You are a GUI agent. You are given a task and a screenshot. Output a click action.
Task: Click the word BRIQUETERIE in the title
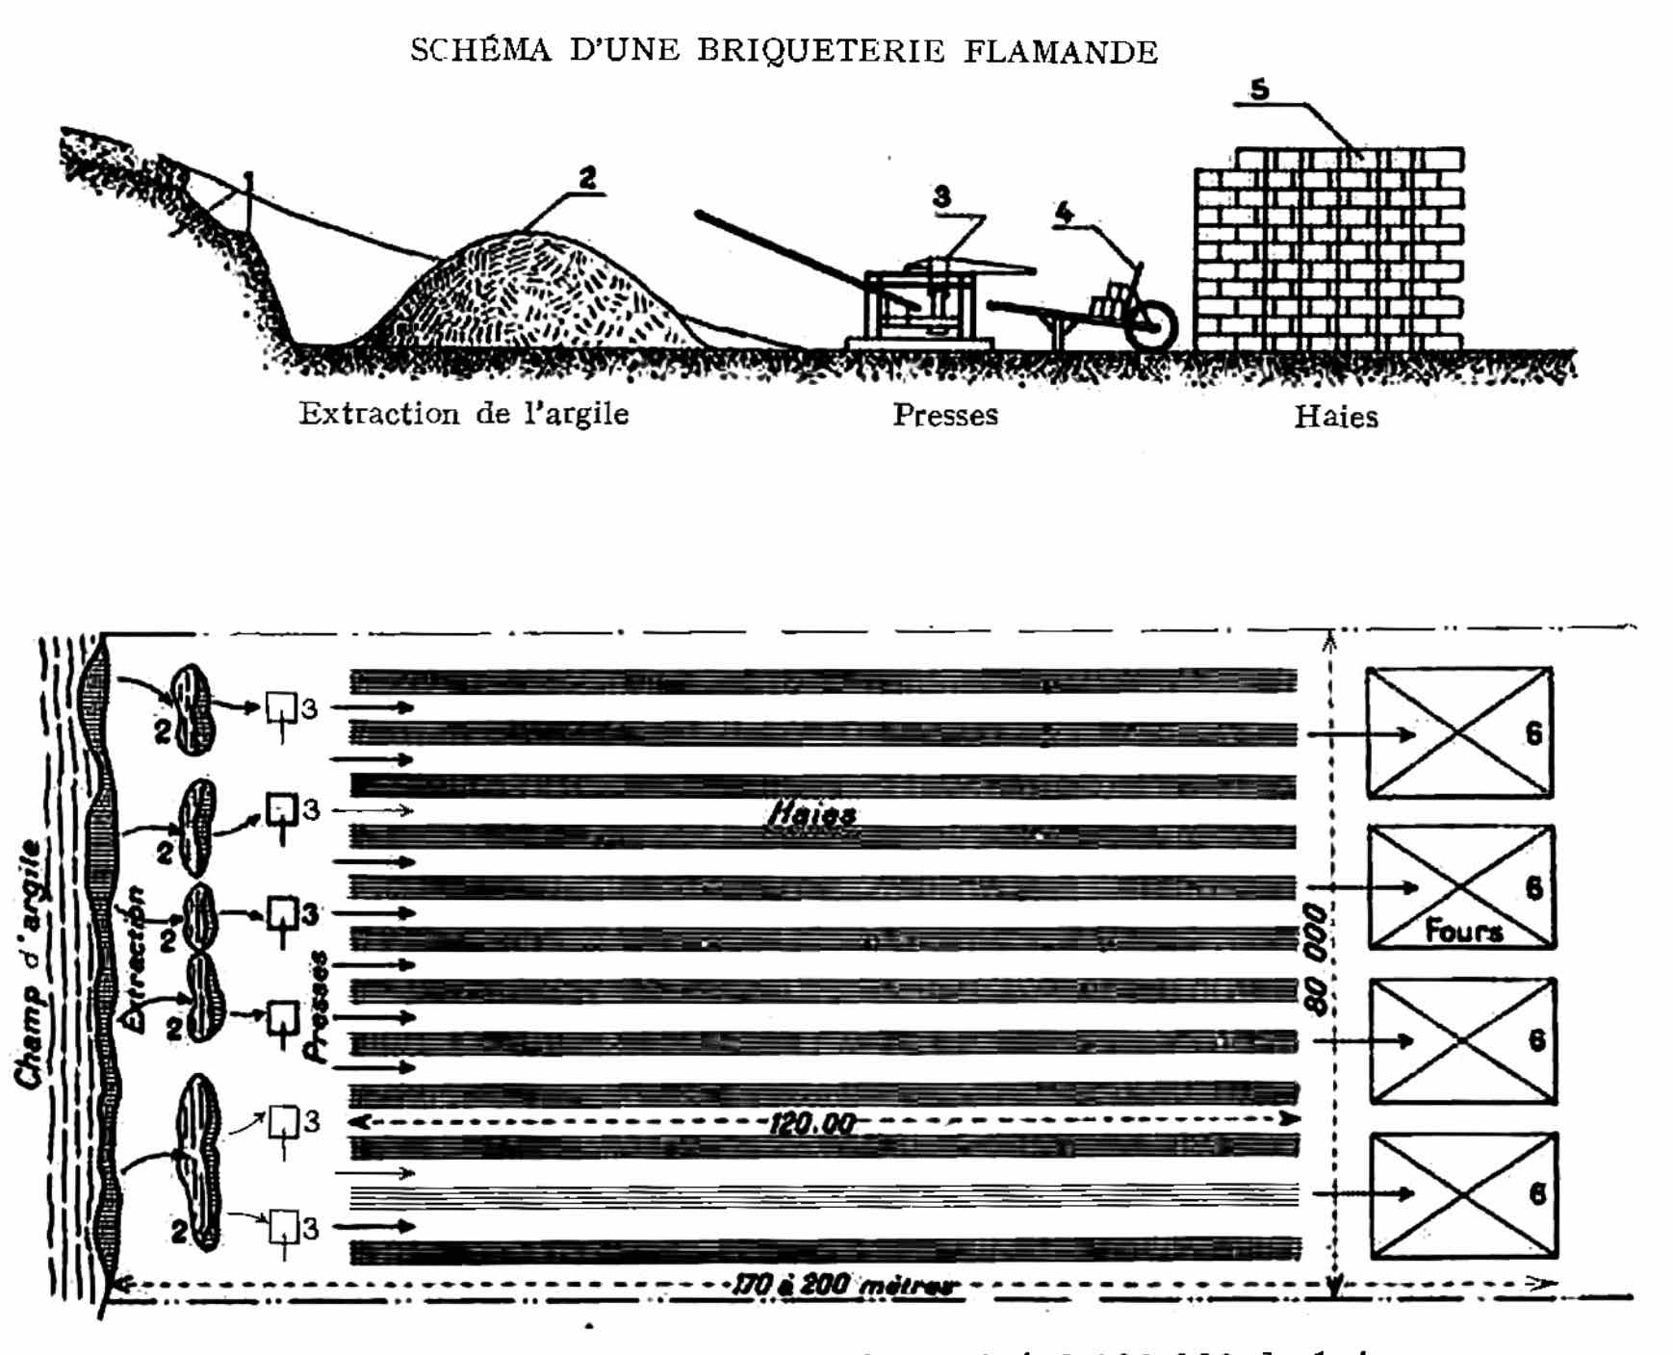pyautogui.click(x=820, y=50)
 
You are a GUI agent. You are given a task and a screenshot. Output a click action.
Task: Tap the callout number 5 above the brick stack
pyautogui.click(x=1259, y=89)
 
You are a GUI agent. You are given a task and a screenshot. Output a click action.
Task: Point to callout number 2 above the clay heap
pyautogui.click(x=587, y=178)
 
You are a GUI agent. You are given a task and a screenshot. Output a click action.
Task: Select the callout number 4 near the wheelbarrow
pyautogui.click(x=1064, y=213)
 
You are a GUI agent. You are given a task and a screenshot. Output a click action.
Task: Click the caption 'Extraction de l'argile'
pyautogui.click(x=463, y=414)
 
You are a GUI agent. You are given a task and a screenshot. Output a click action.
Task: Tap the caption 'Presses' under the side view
pyautogui.click(x=944, y=415)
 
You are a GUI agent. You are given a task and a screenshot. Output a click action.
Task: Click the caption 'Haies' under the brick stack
pyautogui.click(x=1335, y=417)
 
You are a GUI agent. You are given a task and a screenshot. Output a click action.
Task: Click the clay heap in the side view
pyautogui.click(x=529, y=294)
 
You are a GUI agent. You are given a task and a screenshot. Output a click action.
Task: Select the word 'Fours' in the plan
pyautogui.click(x=1463, y=931)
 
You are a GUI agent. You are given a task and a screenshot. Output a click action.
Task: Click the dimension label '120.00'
pyautogui.click(x=811, y=1123)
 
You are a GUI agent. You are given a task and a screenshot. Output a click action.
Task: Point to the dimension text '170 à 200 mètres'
pyautogui.click(x=844, y=1285)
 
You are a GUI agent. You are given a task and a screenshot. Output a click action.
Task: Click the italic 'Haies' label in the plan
pyautogui.click(x=811, y=816)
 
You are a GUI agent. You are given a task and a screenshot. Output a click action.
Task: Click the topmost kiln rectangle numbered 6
pyautogui.click(x=1459, y=733)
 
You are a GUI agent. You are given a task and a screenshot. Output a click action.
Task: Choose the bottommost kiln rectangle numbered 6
pyautogui.click(x=1463, y=1195)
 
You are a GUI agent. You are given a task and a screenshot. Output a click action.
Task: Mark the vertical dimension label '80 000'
pyautogui.click(x=1315, y=959)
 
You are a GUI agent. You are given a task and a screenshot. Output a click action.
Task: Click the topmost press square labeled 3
pyautogui.click(x=280, y=707)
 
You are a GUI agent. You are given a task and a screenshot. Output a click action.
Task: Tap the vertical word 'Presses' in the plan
pyautogui.click(x=317, y=1007)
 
